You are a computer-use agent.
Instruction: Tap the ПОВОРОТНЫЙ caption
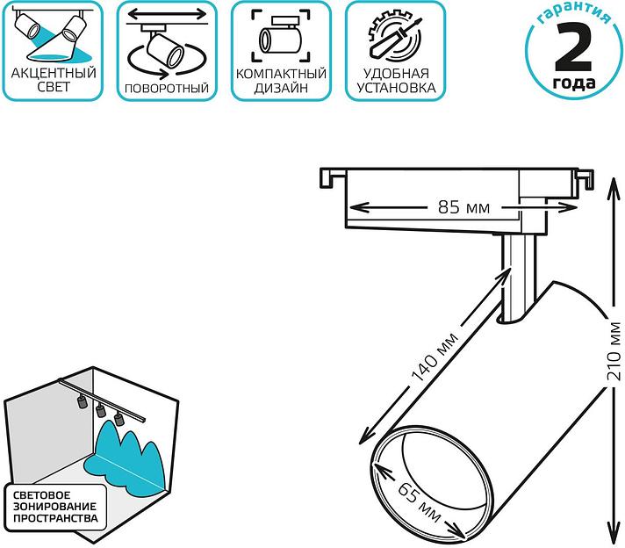pyautogui.click(x=167, y=88)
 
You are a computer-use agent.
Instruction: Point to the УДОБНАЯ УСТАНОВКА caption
pyautogui.click(x=393, y=80)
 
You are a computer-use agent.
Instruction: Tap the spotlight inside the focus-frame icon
pyautogui.click(x=280, y=39)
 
